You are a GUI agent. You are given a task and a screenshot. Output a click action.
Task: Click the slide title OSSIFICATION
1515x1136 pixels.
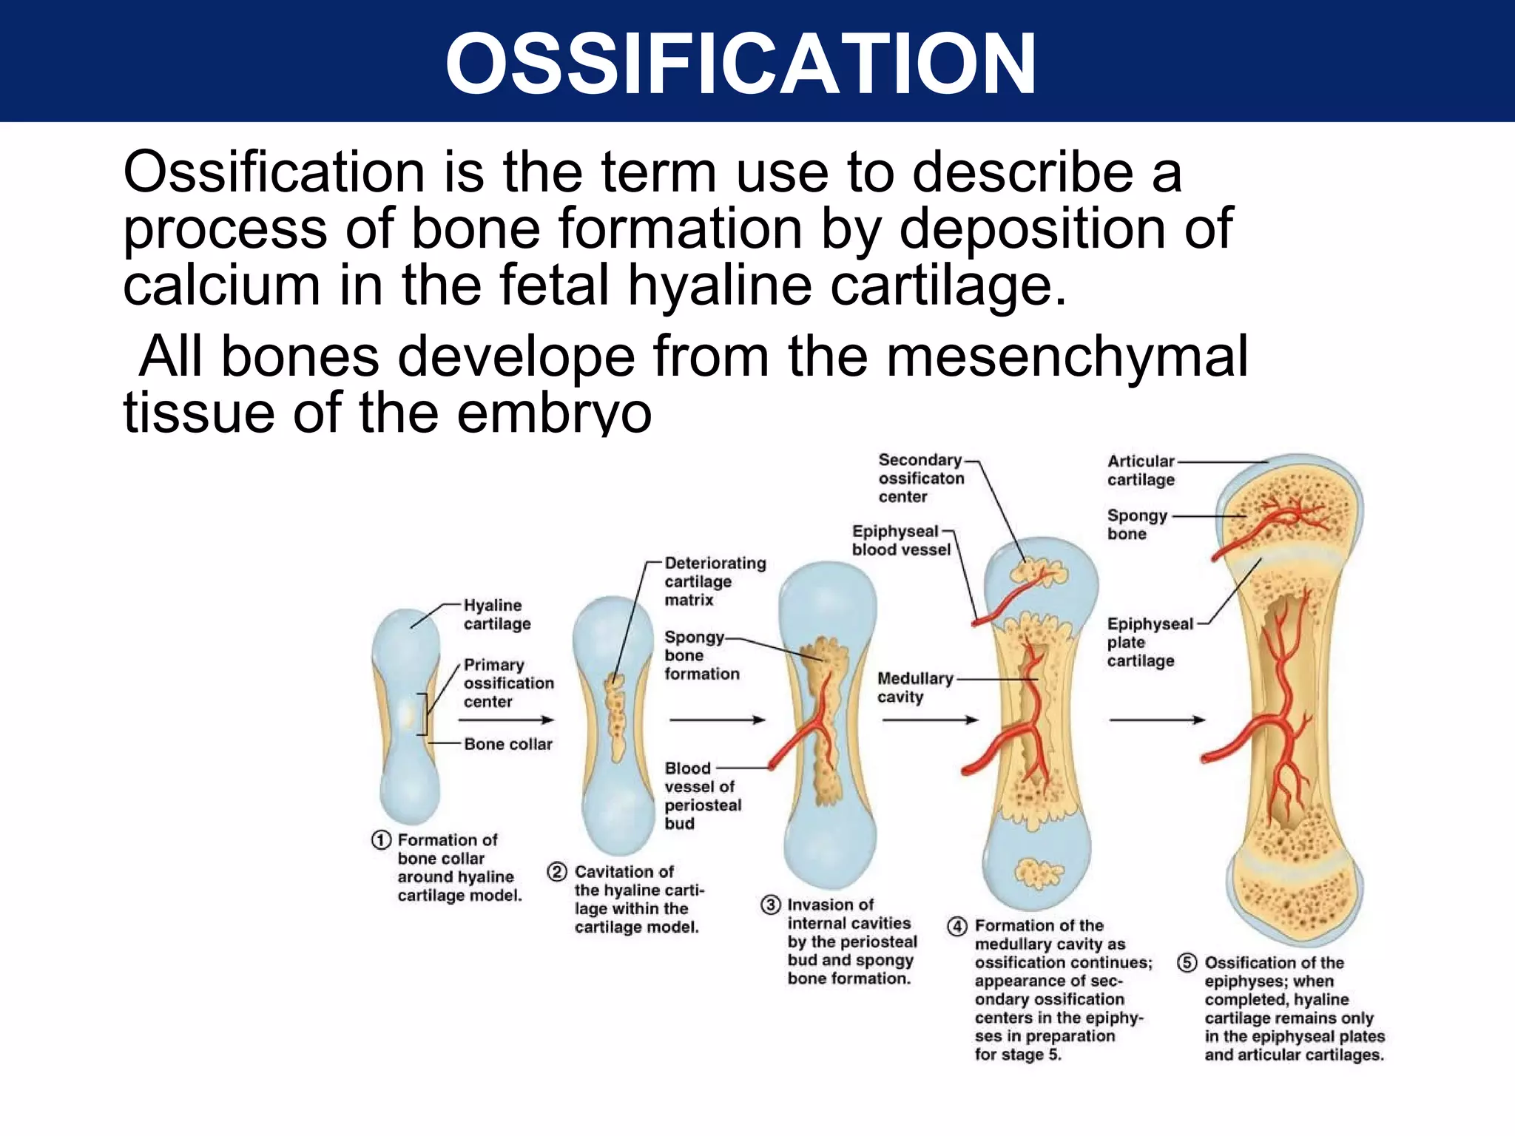click(740, 64)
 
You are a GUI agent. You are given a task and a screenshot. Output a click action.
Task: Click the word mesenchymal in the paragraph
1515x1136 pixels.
click(1067, 357)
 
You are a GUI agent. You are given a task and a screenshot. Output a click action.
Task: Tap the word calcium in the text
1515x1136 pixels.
click(220, 285)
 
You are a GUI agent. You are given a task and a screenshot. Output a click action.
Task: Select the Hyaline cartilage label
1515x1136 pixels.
click(496, 615)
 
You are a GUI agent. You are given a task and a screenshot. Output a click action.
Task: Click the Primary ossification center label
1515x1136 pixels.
click(508, 683)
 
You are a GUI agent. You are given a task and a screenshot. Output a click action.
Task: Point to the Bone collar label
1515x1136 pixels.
click(508, 744)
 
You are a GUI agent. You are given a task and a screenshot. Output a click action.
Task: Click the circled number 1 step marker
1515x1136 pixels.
click(381, 840)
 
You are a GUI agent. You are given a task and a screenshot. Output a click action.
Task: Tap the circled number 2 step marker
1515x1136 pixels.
click(557, 872)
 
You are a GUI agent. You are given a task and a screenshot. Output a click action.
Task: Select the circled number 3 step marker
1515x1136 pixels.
click(770, 905)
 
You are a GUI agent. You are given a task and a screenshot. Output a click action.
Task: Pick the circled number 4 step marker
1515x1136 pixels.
click(957, 926)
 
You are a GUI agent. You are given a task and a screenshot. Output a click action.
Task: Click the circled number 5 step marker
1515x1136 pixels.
click(1187, 963)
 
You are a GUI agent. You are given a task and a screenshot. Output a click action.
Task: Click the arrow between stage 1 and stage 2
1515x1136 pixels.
click(506, 720)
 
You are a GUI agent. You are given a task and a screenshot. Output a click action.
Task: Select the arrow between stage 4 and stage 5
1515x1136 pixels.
click(1157, 720)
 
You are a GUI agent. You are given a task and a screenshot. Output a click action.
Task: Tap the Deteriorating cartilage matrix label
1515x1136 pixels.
click(714, 581)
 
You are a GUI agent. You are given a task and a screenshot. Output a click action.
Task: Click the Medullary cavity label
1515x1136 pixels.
click(914, 687)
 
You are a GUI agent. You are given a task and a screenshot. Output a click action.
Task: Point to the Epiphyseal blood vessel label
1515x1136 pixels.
click(900, 541)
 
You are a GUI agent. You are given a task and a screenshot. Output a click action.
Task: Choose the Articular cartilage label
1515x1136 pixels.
click(1140, 470)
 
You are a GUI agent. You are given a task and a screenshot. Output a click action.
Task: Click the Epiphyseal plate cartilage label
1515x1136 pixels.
click(1149, 642)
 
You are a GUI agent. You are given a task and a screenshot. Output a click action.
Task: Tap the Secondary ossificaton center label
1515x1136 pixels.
click(920, 478)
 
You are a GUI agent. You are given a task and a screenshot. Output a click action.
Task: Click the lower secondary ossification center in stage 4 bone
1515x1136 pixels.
click(1038, 873)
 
